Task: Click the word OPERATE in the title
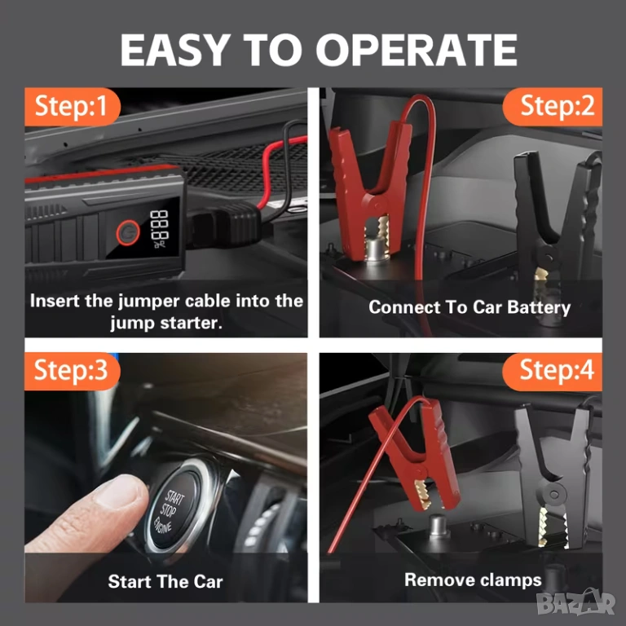(417, 50)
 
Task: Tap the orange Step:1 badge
(72, 107)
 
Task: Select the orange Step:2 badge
(553, 107)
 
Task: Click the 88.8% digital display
(160, 228)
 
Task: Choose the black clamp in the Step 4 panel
(553, 475)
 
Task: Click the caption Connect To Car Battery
(469, 308)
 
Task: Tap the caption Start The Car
(165, 582)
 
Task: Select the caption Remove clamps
(473, 580)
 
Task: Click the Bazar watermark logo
(575, 603)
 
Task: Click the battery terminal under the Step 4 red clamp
(439, 526)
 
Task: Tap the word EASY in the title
(176, 50)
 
